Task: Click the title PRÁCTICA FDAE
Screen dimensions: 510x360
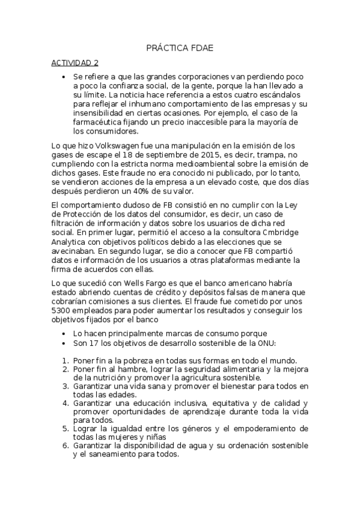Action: (180, 48)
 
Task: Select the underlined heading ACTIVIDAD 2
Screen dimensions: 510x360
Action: (75, 63)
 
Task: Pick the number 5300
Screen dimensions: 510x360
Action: (61, 310)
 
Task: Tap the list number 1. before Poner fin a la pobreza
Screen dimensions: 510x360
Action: (66, 361)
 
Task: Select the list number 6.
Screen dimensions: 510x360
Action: (66, 446)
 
